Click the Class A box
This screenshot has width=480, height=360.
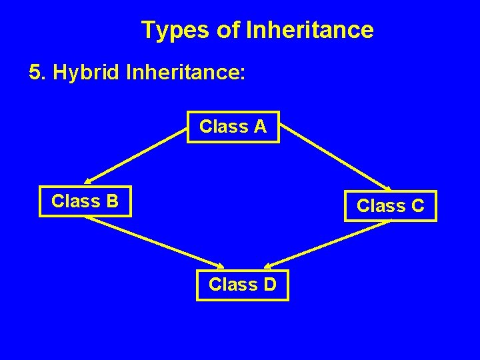coord(233,127)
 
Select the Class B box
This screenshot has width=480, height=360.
coord(85,201)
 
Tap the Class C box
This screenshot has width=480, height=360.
coord(390,206)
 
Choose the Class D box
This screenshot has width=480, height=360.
coord(242,285)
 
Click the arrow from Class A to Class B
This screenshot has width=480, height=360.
coord(137,155)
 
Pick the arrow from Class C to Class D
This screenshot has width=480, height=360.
coord(330,243)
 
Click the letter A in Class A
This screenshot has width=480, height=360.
coord(260,127)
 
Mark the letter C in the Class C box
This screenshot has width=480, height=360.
coord(417,206)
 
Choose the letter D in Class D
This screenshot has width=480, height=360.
coord(269,285)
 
